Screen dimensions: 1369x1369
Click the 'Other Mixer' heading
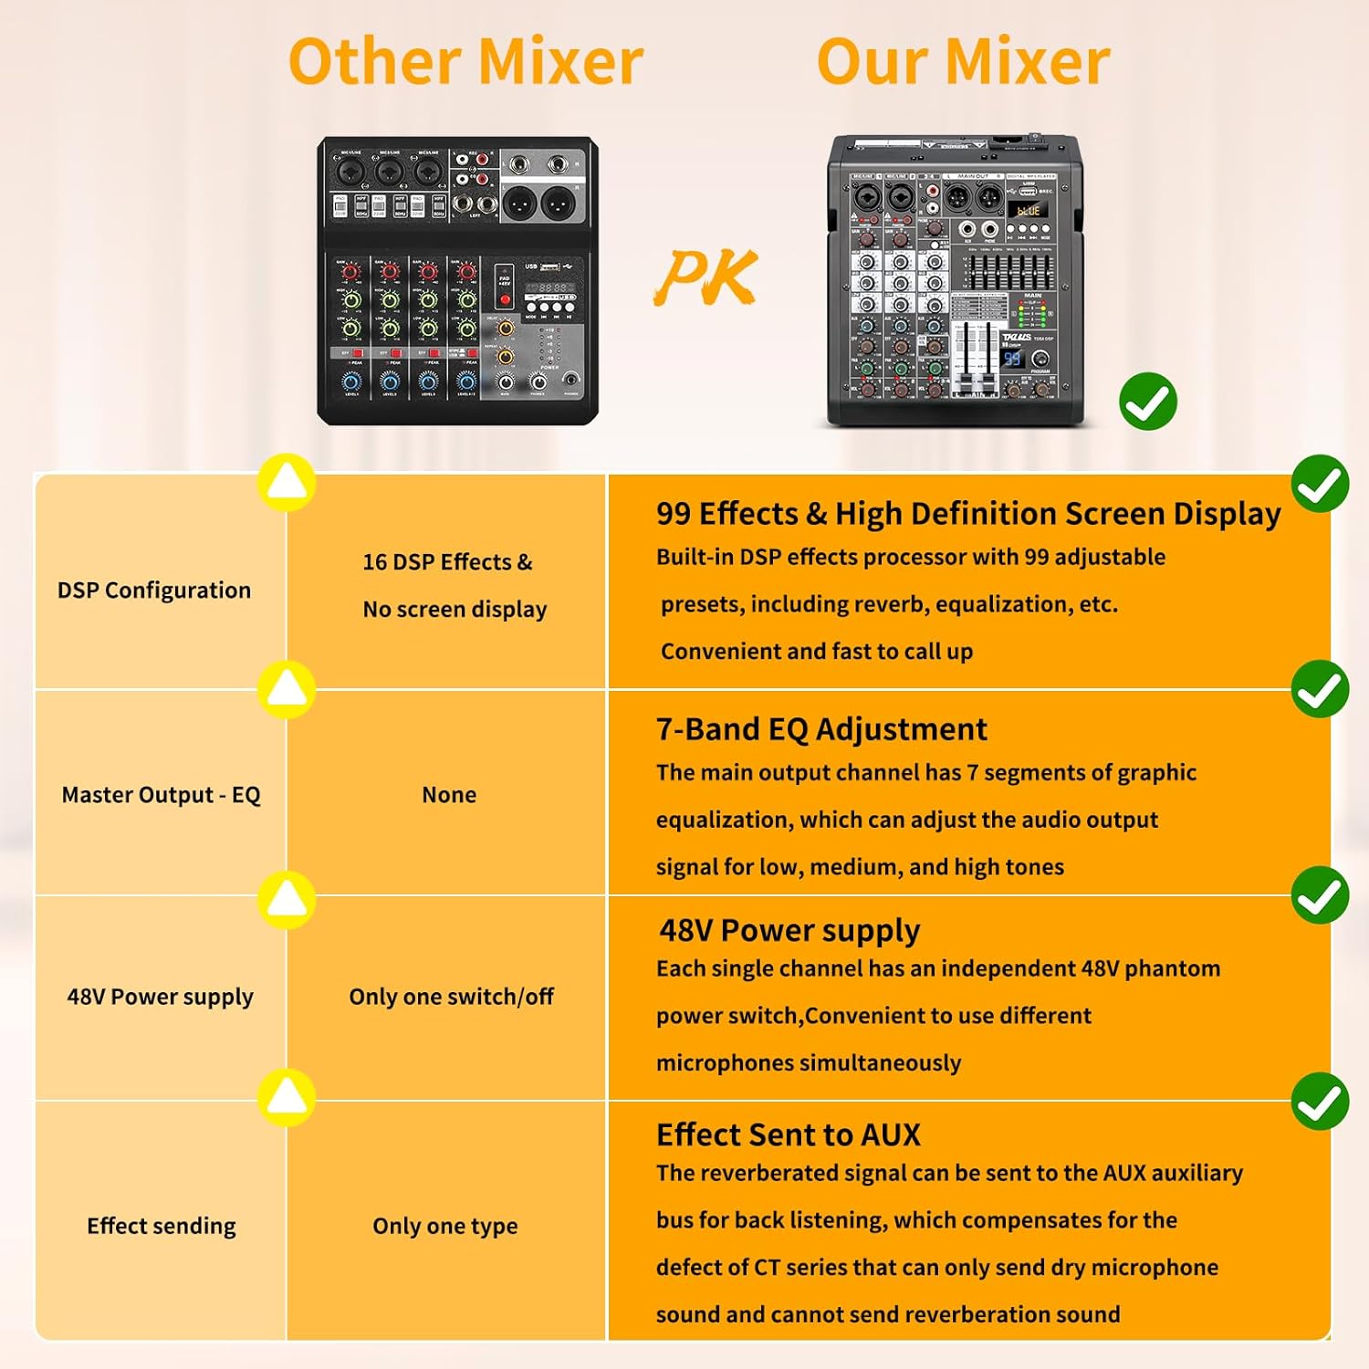pyautogui.click(x=465, y=62)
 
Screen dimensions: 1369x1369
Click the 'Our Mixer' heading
pyautogui.click(x=963, y=62)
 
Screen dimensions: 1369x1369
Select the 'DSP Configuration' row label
pyautogui.click(x=154, y=590)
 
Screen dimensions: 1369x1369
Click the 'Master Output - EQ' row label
pyautogui.click(x=161, y=795)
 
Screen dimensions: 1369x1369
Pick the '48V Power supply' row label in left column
pyautogui.click(x=160, y=997)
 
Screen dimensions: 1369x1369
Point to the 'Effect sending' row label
pyautogui.click(x=162, y=1226)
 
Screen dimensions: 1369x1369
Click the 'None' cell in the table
pyautogui.click(x=449, y=795)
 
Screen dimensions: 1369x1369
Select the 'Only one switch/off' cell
pyautogui.click(x=451, y=997)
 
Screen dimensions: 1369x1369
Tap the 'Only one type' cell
pyautogui.click(x=445, y=1226)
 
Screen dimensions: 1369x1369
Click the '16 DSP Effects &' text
pyautogui.click(x=447, y=562)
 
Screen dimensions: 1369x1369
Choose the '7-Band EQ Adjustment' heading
pyautogui.click(x=821, y=729)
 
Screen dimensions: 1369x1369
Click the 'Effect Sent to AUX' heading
pyautogui.click(x=789, y=1134)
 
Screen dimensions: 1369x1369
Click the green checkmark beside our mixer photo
pyautogui.click(x=1147, y=402)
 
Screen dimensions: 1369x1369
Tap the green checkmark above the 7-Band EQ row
pyautogui.click(x=1320, y=689)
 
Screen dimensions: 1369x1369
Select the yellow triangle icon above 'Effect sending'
pyautogui.click(x=287, y=1096)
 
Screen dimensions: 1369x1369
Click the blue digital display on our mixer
pyautogui.click(x=1012, y=359)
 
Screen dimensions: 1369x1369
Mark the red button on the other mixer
pyautogui.click(x=505, y=299)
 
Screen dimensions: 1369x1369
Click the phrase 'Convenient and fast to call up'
pyautogui.click(x=817, y=652)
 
